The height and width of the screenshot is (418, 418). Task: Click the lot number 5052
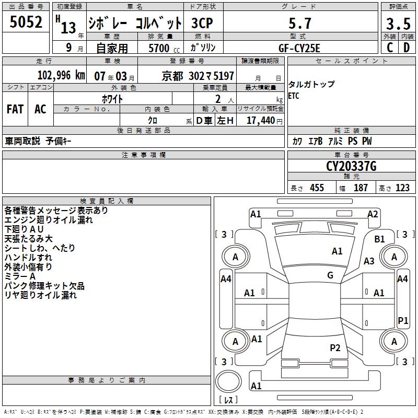pos(26,22)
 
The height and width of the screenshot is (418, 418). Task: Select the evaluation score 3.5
pos(398,24)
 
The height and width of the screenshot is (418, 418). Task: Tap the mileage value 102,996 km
pos(61,75)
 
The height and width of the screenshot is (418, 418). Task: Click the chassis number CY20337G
pos(351,167)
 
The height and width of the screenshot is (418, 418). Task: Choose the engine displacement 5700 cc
pos(160,48)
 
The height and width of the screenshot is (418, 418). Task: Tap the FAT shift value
pos(15,109)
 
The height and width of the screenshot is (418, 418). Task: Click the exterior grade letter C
pos(389,48)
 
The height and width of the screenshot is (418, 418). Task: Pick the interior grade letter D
pos(407,48)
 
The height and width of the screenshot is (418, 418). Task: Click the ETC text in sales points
pos(294,96)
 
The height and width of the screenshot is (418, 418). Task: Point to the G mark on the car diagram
pos(330,275)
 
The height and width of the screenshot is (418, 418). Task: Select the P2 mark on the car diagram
pos(335,347)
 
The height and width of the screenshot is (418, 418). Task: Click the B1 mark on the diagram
pos(380,239)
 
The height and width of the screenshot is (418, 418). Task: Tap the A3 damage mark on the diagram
pos(369,261)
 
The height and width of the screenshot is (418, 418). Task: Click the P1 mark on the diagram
pos(403,320)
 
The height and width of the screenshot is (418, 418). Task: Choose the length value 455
pos(316,188)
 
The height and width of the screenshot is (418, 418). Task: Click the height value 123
pos(402,188)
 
